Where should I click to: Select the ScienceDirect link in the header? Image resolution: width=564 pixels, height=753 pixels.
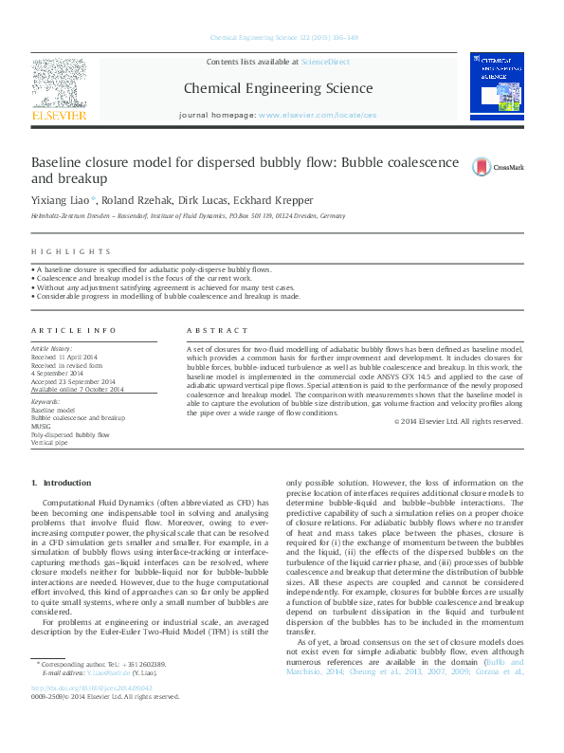click(x=324, y=62)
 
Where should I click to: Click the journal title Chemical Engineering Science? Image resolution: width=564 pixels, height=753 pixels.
click(x=279, y=89)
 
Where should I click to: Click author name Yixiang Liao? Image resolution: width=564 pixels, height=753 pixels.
click(x=60, y=200)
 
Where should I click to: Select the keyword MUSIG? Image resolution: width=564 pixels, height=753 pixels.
click(x=42, y=426)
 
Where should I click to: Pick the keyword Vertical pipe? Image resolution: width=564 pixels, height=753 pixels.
click(x=49, y=443)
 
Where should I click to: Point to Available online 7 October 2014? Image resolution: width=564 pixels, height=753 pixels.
click(x=78, y=389)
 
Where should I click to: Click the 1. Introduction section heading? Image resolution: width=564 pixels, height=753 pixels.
click(x=62, y=483)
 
